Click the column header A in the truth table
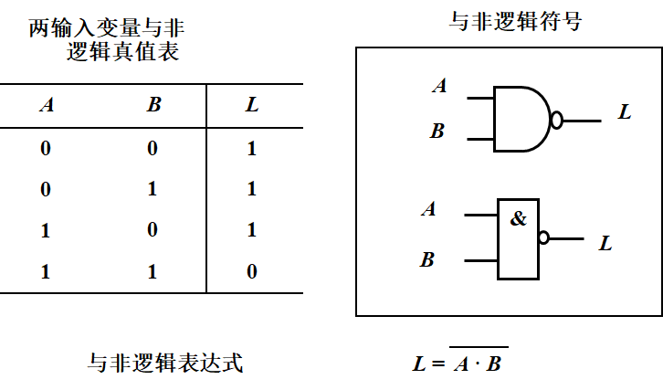47,104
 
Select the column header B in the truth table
153,104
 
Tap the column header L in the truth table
252,104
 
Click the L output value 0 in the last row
252,271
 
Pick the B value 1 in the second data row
153,189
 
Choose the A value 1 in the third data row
46,230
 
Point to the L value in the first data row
252,148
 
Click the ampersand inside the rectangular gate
519,219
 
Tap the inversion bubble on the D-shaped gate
556,120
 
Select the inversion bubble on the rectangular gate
544,237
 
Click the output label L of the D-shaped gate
625,112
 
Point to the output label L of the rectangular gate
605,244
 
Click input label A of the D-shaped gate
440,87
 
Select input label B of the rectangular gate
427,260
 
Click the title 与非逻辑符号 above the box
516,21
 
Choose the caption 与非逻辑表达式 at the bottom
165,363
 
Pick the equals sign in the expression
437,364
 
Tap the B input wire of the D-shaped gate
479,140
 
